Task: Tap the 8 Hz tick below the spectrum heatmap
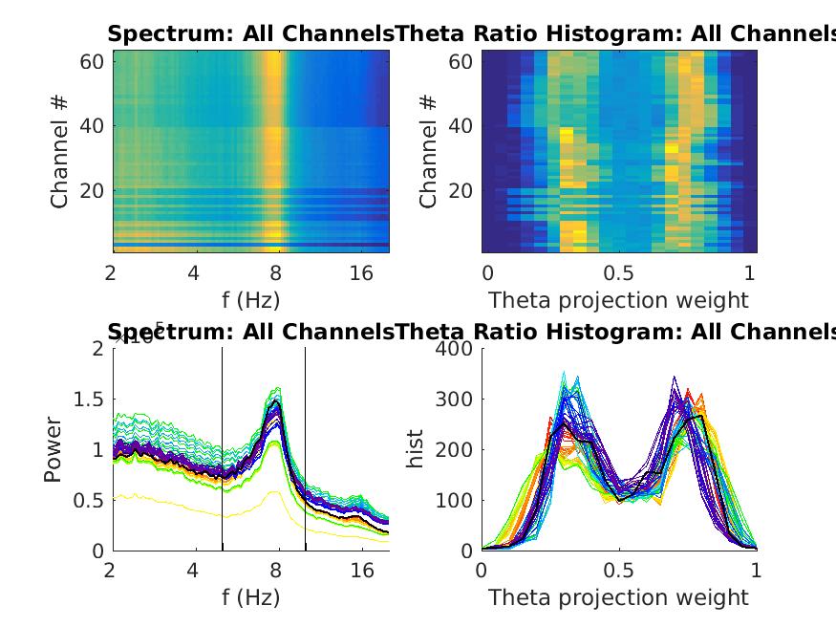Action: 276,272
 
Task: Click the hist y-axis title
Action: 416,449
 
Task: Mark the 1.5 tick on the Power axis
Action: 92,399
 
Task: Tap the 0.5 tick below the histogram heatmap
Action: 618,272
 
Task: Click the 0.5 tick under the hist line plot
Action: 618,571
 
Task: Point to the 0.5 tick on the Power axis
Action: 92,500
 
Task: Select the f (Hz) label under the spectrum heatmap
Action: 249,299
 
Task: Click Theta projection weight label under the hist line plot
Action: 618,597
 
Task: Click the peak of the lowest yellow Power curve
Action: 275,491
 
